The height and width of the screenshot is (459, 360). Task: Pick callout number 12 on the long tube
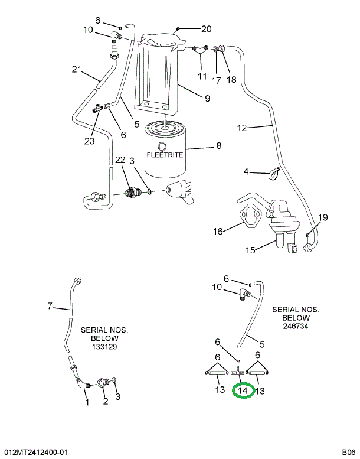pyautogui.click(x=243, y=128)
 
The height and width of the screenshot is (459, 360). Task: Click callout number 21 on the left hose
pyautogui.click(x=76, y=70)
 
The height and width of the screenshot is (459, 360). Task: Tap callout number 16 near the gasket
pyautogui.click(x=218, y=231)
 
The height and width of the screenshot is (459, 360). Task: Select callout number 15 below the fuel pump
pyautogui.click(x=250, y=250)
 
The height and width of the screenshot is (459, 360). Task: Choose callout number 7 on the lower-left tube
pyautogui.click(x=50, y=306)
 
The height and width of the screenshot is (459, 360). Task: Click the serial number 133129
pyautogui.click(x=104, y=347)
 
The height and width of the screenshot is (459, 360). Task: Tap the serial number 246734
pyautogui.click(x=295, y=325)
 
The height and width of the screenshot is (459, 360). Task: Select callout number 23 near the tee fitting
pyautogui.click(x=89, y=141)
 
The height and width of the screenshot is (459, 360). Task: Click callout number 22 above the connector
pyautogui.click(x=120, y=160)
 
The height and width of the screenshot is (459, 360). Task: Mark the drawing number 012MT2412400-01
pyautogui.click(x=35, y=452)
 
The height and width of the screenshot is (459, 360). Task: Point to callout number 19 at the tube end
pyautogui.click(x=322, y=217)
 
